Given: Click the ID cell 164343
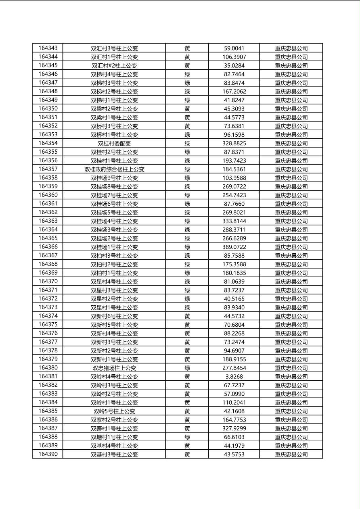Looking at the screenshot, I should coord(48,48).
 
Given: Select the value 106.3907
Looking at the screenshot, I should coord(234,57).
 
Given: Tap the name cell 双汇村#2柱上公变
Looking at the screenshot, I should coord(114,65).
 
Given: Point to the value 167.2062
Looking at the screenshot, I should coord(234,92).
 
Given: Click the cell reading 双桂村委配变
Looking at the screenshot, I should coord(114,143).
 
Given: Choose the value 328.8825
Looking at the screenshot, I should coord(234,143).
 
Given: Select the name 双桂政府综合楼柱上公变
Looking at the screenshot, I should coord(114,169).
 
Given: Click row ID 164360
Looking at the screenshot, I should coord(48,195).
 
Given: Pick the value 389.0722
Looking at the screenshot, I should coord(234,247).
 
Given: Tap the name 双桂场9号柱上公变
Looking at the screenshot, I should coord(114,178).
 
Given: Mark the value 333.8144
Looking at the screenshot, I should coord(234,221).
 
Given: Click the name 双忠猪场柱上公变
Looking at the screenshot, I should coord(114,368).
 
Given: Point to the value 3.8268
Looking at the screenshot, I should coord(234,376).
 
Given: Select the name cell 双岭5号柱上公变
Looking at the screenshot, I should coord(114,411).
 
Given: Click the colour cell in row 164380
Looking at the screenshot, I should coord(187,368).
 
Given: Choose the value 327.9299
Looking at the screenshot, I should coord(234,428).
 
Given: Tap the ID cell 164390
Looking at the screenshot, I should coord(48,454).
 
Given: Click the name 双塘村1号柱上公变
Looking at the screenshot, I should coord(114,437).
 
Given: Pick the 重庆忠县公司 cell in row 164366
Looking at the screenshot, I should coord(291,247).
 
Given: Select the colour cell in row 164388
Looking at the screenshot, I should coord(187,437).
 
